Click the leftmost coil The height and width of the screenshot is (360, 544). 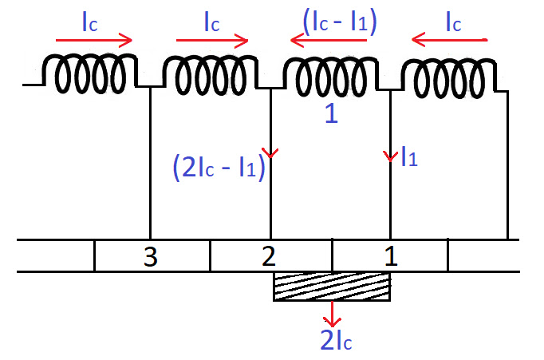[90, 73]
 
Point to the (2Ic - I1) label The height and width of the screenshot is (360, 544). [218, 168]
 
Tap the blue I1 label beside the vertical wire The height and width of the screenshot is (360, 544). [409, 159]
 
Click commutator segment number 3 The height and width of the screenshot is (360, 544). [152, 256]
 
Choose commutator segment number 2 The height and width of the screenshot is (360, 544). [270, 256]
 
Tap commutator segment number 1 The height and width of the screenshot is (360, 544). [389, 256]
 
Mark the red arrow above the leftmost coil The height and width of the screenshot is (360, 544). [94, 39]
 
